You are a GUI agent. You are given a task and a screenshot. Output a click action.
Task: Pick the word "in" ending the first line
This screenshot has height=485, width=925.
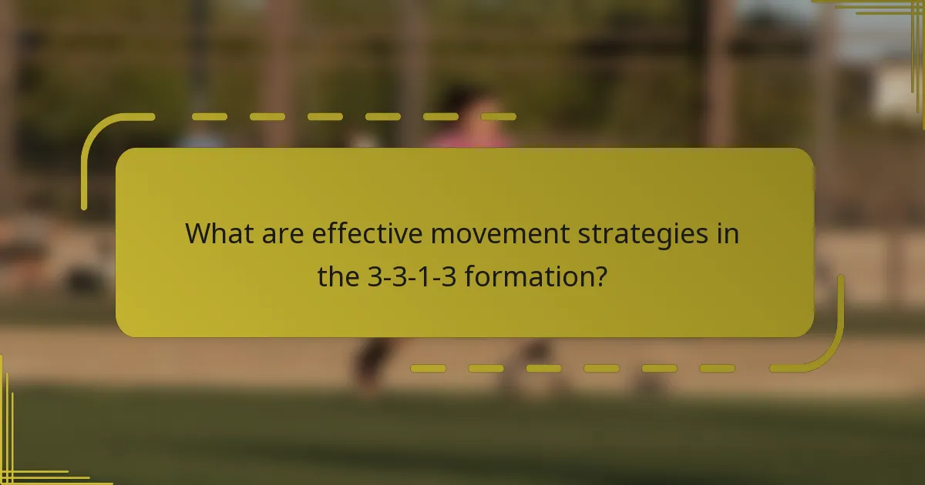coord(728,233)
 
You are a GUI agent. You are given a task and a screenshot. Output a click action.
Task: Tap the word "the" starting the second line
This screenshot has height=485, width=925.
coord(339,276)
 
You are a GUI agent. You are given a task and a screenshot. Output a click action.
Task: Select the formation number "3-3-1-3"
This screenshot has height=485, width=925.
coord(412,276)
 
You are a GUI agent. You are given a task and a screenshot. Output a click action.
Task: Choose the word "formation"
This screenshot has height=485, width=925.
coord(523,276)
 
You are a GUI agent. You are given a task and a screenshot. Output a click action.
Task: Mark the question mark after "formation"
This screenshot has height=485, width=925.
coord(598,276)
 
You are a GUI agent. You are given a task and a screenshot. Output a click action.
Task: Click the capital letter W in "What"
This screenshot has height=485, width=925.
coord(199,233)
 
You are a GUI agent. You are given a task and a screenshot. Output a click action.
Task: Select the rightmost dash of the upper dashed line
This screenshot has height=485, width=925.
coord(499,117)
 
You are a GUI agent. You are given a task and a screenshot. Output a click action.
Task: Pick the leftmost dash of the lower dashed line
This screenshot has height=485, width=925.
coord(428,369)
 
